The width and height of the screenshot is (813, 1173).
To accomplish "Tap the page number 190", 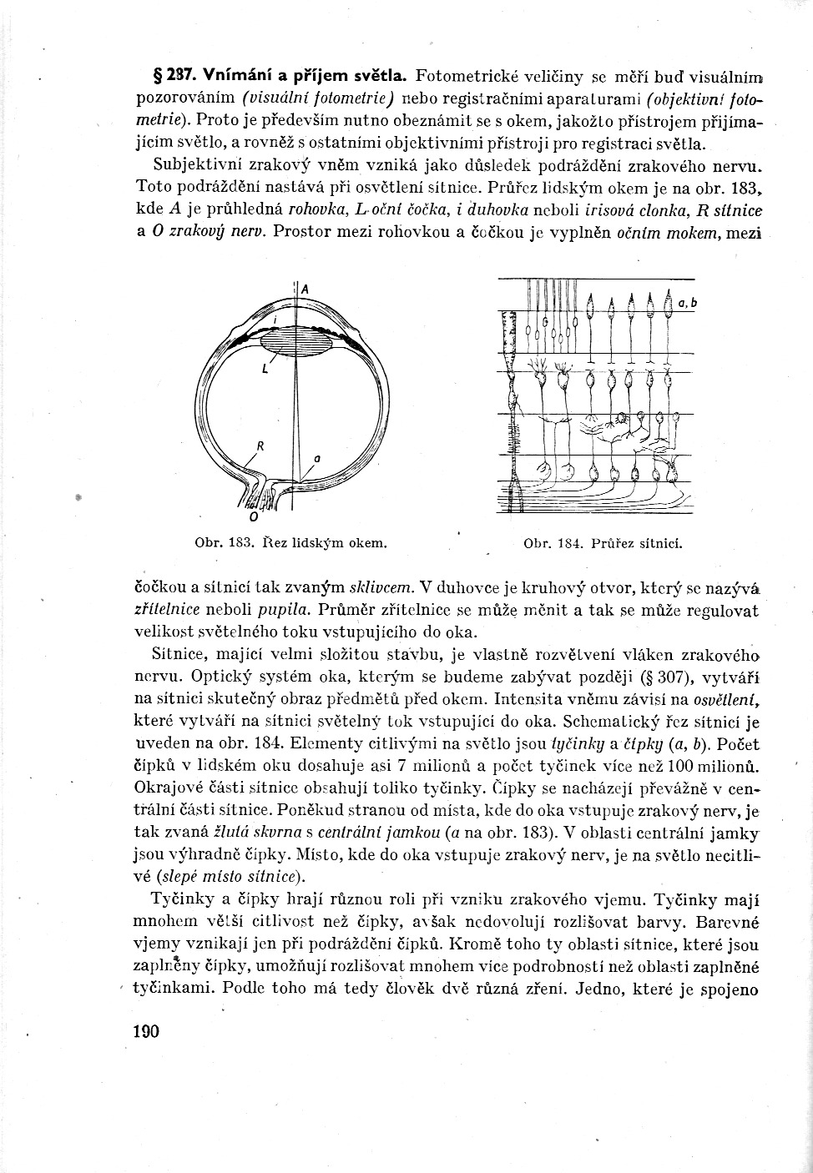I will coord(146,1031).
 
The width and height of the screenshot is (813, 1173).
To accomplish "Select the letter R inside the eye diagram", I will coord(260,446).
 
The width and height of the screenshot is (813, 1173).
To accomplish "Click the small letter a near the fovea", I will coord(317,458).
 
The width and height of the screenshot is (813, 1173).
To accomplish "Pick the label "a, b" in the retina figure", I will coord(687,304).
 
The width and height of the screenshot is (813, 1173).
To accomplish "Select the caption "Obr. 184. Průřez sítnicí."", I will coord(602,543).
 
